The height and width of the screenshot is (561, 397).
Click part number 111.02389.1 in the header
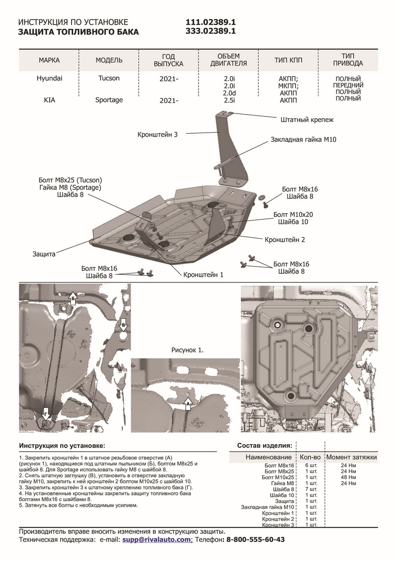coord(211,22)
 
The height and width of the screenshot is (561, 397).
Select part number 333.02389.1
coord(211,31)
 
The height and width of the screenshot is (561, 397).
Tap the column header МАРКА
coord(49,61)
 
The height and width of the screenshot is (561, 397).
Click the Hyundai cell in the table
coord(49,79)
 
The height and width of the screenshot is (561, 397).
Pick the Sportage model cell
coord(109,100)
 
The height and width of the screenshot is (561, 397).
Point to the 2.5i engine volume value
coord(229,100)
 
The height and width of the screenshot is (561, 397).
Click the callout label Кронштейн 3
coord(158,134)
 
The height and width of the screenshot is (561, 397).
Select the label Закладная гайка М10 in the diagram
coord(303,140)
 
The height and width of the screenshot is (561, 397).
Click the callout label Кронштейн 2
coord(285,240)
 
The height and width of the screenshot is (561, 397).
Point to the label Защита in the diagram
coord(44,254)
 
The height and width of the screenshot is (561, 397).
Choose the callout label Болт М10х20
coord(293,215)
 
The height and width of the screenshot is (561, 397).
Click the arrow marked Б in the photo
coord(73,300)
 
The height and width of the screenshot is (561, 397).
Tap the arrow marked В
coord(123,325)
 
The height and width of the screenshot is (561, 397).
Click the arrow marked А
coord(188,402)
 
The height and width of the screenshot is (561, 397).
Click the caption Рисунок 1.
coord(188,349)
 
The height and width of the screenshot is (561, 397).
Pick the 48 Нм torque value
coord(349,477)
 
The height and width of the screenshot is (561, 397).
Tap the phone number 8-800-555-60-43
coord(256,539)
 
